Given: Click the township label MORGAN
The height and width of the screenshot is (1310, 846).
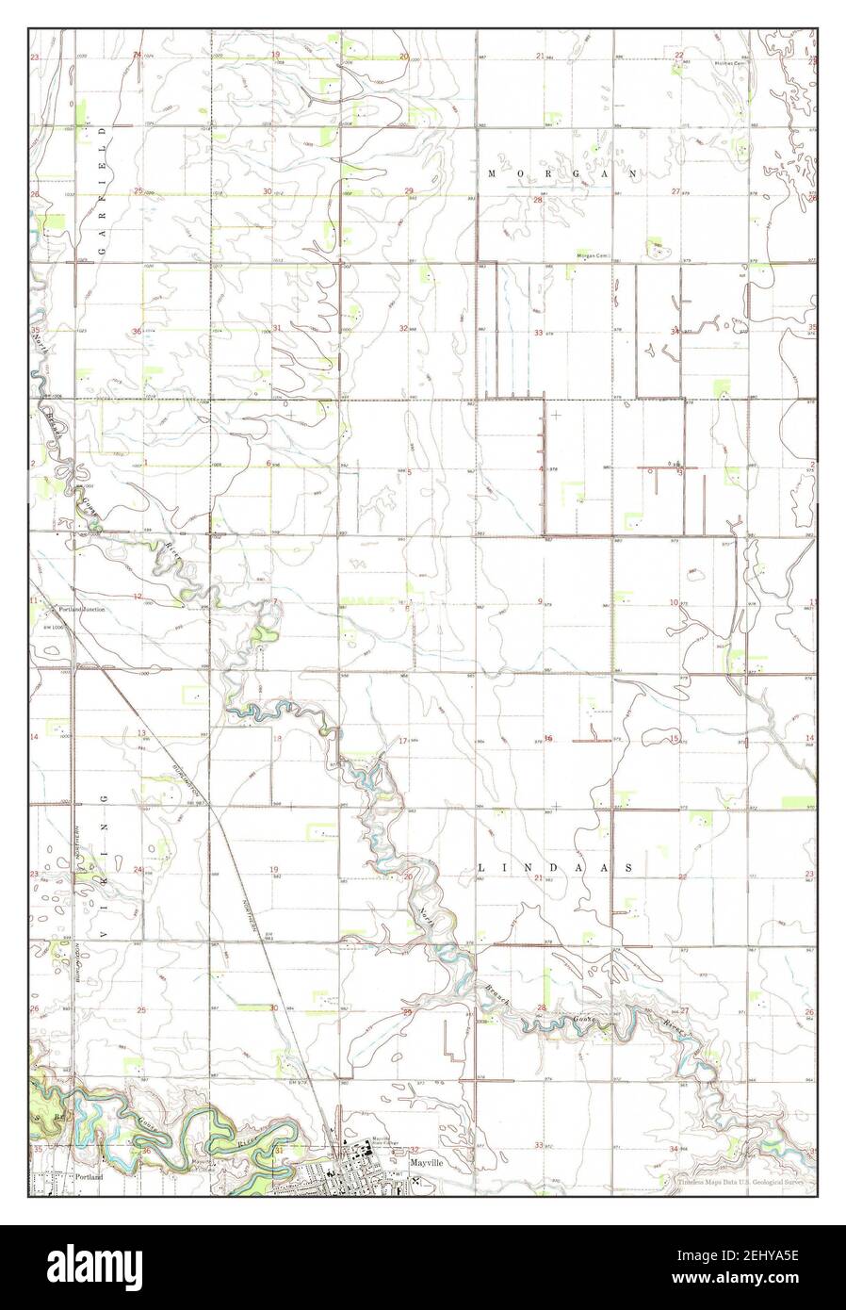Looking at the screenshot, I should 563,174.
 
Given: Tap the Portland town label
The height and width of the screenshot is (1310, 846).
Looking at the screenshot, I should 89,1177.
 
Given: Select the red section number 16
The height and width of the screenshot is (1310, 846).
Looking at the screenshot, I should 548,738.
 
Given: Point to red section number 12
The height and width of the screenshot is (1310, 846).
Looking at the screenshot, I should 138,596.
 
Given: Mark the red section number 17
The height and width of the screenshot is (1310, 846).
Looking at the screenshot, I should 402,741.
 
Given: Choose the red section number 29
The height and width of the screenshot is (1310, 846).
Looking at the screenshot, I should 409,191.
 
